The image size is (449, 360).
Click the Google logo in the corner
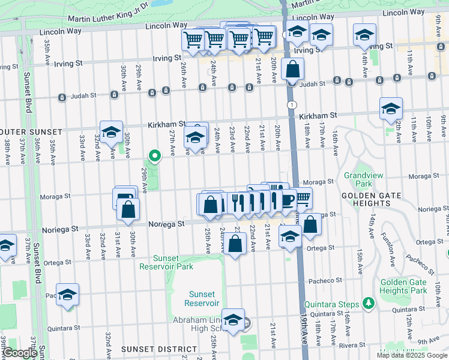click(20, 353)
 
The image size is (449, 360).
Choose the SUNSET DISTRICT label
click(158, 349)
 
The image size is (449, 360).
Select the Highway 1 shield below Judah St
click(292, 105)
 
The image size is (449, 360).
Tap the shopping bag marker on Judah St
click(292, 70)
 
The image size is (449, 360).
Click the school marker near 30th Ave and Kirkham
click(111, 132)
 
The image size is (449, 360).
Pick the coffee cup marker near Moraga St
click(288, 199)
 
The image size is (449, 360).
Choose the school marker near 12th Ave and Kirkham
click(391, 109)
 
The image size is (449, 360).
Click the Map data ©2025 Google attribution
click(412, 355)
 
